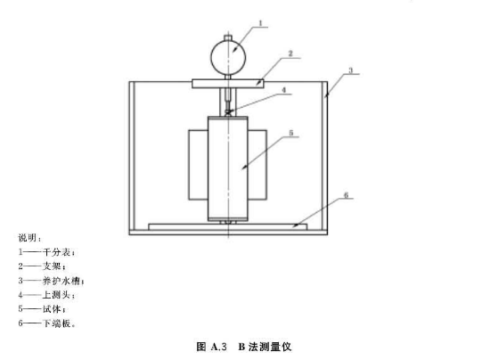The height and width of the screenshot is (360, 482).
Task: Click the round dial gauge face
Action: pos(228,57)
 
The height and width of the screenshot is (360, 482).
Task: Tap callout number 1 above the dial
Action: pos(261,23)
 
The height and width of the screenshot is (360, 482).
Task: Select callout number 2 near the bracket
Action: pos(290,53)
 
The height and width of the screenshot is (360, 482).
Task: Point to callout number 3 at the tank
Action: pos(351,70)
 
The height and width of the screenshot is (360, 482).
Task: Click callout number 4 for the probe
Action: pos(283,90)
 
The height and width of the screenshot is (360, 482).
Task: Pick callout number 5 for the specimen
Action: pos(291,133)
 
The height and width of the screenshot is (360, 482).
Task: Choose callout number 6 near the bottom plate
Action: pos(346,195)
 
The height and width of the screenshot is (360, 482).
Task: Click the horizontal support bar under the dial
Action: pos(228,84)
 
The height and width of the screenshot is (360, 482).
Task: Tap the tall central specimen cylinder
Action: pos(228,168)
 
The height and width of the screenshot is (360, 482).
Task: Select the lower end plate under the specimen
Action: pos(228,227)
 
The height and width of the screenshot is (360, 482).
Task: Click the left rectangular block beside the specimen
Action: pos(199,165)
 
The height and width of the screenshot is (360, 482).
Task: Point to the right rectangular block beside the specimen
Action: pos(257,165)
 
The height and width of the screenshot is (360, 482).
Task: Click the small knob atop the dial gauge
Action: pos(228,37)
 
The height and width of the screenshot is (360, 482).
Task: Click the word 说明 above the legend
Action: pos(28,238)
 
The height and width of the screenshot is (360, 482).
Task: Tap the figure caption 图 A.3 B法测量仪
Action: pos(244,347)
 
